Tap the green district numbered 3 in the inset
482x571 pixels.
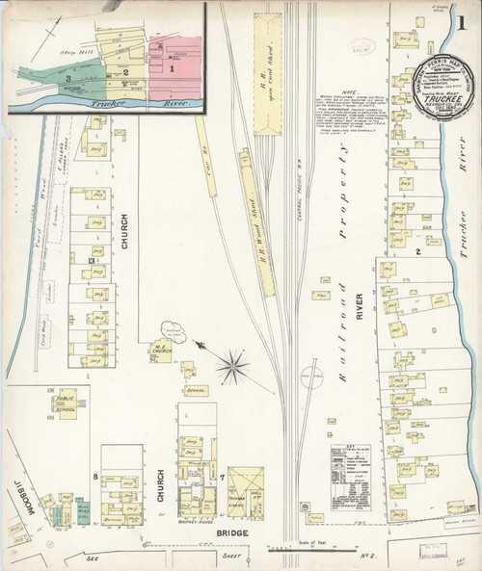(x=69, y=77)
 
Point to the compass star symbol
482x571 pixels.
(x=231, y=365)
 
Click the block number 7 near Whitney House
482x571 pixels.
(x=222, y=477)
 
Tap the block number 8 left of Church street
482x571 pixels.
(x=94, y=477)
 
